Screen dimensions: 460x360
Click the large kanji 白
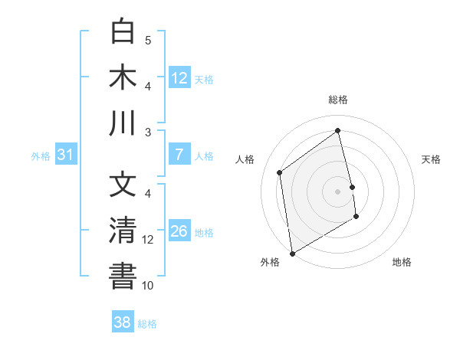(x=123, y=33)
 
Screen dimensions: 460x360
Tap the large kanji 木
(x=123, y=78)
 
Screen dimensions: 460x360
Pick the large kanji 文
(x=123, y=186)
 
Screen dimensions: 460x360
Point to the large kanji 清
(x=123, y=231)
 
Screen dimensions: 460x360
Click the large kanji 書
(x=123, y=277)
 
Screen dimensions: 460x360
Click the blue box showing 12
(x=179, y=78)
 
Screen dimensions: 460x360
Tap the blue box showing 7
(x=179, y=155)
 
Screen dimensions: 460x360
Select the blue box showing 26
(x=179, y=231)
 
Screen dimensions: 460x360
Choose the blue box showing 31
(x=66, y=155)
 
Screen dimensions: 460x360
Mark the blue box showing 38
(x=123, y=322)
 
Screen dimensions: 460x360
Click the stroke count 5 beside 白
(x=148, y=40)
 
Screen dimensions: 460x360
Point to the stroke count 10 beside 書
(x=148, y=285)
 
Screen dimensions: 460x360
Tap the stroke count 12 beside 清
(x=148, y=239)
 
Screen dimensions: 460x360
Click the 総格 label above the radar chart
(x=338, y=100)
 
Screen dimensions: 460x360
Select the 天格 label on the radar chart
(x=432, y=159)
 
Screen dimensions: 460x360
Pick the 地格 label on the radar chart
(x=402, y=262)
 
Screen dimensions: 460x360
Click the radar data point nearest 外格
(x=292, y=253)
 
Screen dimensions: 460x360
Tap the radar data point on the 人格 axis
(x=280, y=172)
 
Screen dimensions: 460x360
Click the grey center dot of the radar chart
(x=338, y=191)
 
